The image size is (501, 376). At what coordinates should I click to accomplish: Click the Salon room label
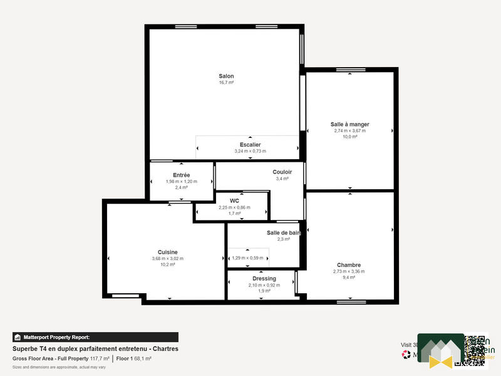click(x=226, y=76)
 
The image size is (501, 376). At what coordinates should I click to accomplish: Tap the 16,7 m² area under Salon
click(x=226, y=83)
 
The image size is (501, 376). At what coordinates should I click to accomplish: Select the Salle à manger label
click(x=350, y=124)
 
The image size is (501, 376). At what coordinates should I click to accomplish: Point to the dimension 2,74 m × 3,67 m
click(x=350, y=131)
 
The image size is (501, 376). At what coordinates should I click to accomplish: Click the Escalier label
click(x=250, y=145)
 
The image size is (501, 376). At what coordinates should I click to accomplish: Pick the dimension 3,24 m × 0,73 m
click(x=250, y=151)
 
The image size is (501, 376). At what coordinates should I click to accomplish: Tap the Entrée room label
click(x=182, y=175)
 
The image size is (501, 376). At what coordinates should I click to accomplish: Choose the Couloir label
click(x=282, y=172)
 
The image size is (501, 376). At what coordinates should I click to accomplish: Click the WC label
click(x=234, y=201)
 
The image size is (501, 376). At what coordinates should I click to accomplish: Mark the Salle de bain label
click(x=284, y=232)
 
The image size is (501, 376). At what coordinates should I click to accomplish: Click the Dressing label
click(x=264, y=278)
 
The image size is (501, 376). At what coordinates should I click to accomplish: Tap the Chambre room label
click(x=349, y=264)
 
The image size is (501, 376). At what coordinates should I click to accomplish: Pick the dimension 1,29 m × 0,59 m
click(x=248, y=258)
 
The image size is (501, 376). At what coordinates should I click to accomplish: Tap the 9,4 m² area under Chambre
click(x=349, y=278)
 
